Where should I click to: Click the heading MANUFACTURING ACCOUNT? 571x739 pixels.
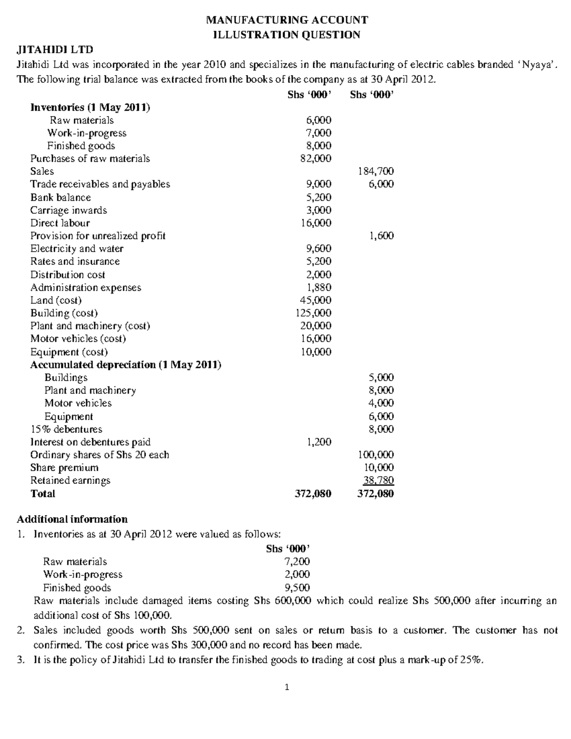[x=286, y=20]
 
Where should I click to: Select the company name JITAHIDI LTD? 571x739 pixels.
[x=55, y=49]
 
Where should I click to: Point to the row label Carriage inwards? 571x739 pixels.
[x=69, y=210]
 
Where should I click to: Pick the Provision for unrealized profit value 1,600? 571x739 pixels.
[x=382, y=236]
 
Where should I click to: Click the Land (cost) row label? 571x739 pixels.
[x=56, y=300]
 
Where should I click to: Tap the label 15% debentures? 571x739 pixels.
[x=66, y=429]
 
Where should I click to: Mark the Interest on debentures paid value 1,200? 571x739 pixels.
[x=318, y=442]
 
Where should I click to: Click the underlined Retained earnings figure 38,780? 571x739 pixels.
[x=378, y=481]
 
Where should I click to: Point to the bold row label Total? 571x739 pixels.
[x=43, y=494]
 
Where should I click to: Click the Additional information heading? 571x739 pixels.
[x=72, y=519]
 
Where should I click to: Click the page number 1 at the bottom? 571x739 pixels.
[x=286, y=687]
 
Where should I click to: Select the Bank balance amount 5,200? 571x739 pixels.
[x=318, y=197]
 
